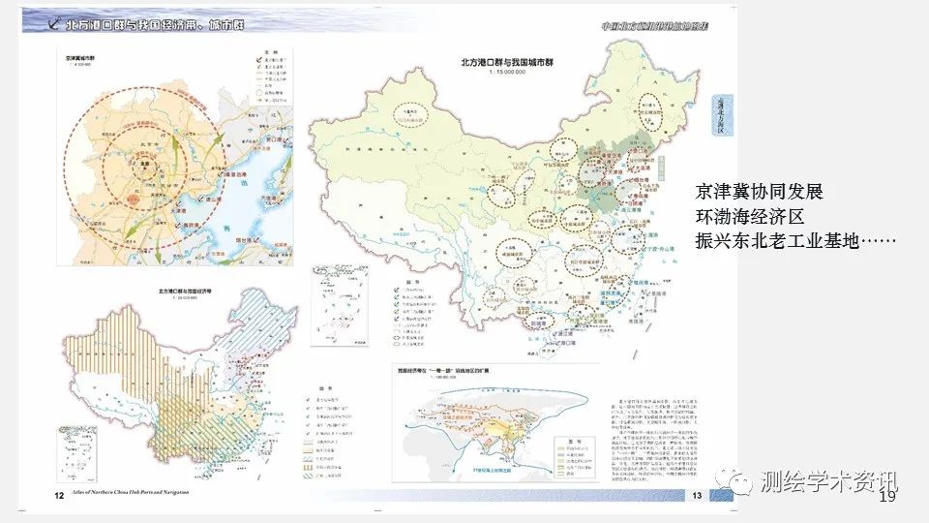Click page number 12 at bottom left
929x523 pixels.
pyautogui.click(x=58, y=496)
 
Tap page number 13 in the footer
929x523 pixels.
pyautogui.click(x=696, y=496)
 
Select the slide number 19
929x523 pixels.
pyautogui.click(x=886, y=497)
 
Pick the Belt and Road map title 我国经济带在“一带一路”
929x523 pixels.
pyautogui.click(x=454, y=371)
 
